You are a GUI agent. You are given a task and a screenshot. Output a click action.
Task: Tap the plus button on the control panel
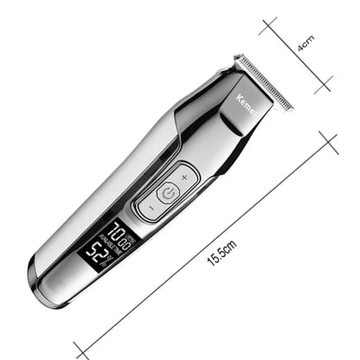tap(183, 177)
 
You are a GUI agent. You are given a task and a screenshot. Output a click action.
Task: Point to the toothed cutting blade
tap(263, 81)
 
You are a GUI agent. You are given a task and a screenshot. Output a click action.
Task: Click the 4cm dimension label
tap(305, 43)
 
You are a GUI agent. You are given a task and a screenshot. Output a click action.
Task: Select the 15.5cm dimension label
tap(222, 253)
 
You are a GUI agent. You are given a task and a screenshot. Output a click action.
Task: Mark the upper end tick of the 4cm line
tap(268, 25)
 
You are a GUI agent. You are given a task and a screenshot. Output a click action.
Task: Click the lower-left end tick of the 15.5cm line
tap(80, 350)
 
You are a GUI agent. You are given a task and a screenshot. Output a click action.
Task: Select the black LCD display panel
tap(104, 246)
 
